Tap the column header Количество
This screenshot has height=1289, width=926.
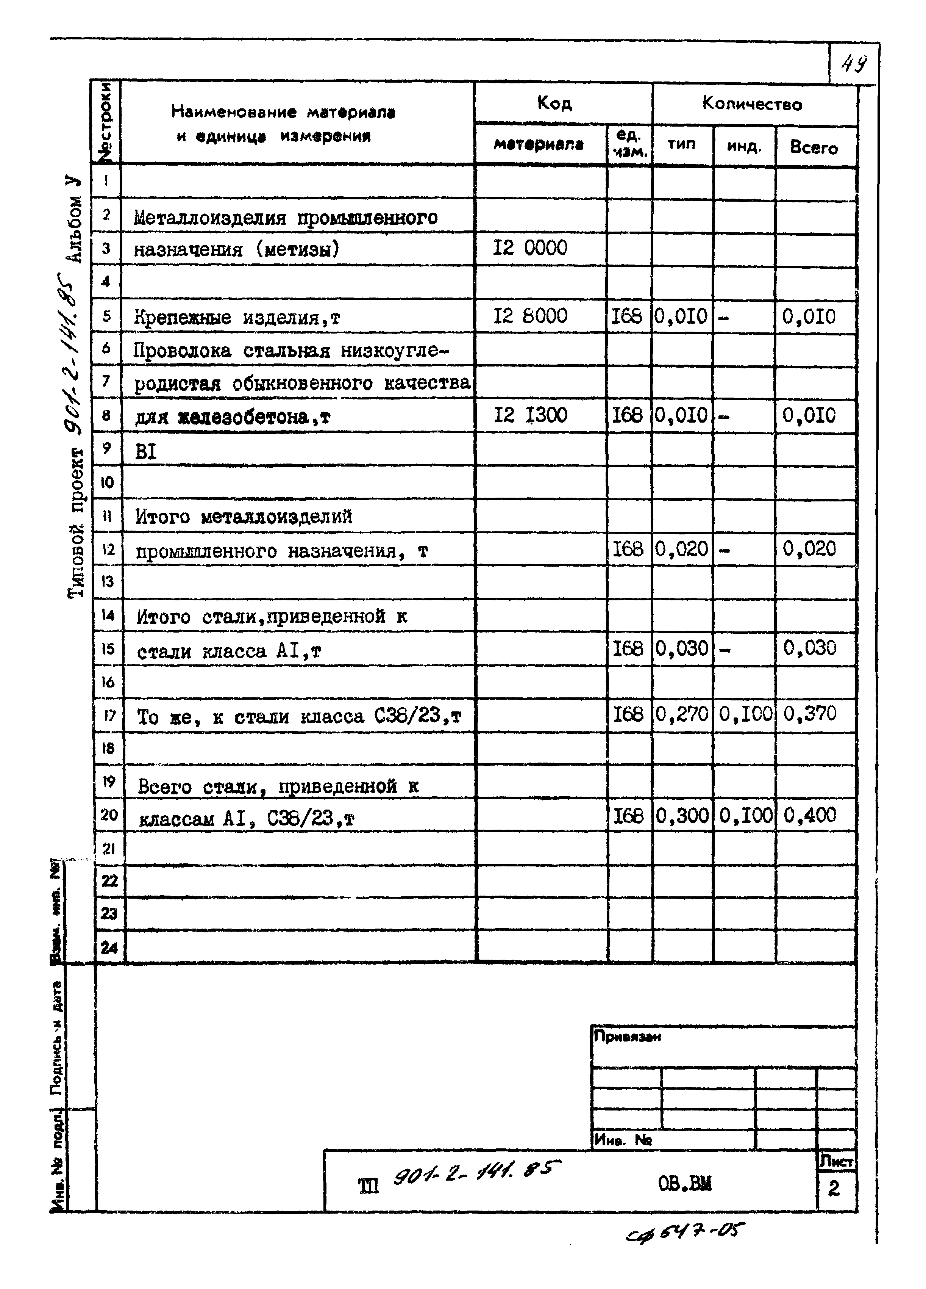point(752,103)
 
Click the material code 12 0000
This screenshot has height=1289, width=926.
point(529,248)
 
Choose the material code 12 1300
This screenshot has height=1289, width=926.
point(529,415)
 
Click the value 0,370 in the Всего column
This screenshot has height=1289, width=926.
point(810,713)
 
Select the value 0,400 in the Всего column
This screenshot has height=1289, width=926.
point(810,815)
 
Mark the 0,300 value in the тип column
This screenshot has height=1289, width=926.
point(682,815)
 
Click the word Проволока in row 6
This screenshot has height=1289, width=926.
point(183,351)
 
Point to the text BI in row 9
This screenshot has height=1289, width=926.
point(145,452)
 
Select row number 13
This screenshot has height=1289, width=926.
point(108,581)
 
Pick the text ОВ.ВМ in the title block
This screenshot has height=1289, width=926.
point(685,1184)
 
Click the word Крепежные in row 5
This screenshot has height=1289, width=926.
point(183,317)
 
